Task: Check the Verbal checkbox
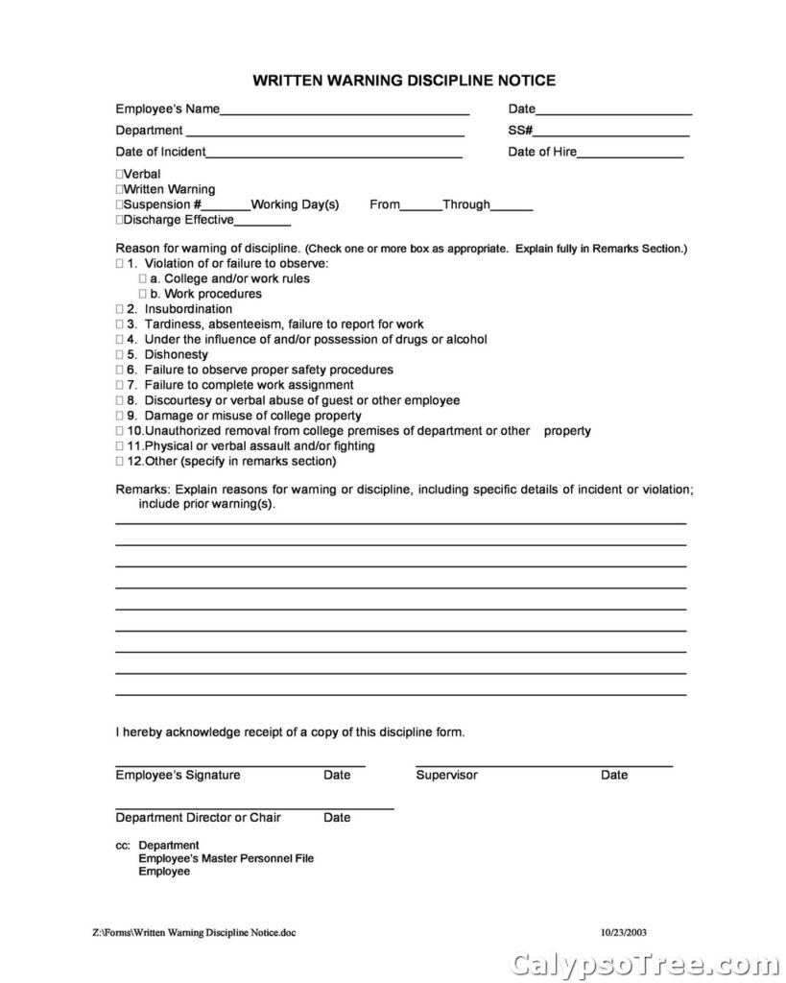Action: tap(120, 175)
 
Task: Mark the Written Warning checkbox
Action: tap(120, 190)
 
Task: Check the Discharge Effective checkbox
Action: tap(120, 220)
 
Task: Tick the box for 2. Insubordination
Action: tap(120, 309)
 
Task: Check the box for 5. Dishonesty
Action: tap(120, 354)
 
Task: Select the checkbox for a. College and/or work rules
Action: tap(142, 279)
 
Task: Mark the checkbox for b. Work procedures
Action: tap(142, 294)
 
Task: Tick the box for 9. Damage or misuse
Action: tap(120, 416)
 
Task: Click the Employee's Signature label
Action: tap(179, 775)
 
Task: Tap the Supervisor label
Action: tap(446, 775)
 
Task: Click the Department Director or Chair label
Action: tap(199, 818)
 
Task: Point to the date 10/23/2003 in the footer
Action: tap(626, 931)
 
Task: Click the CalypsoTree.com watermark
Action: tap(638, 962)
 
